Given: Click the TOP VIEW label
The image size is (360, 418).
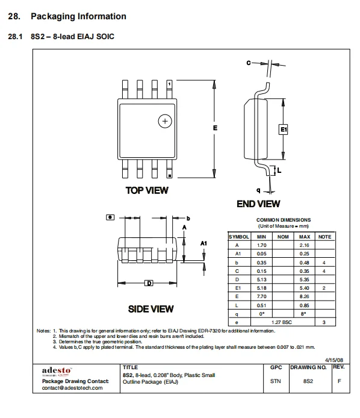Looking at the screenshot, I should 147,190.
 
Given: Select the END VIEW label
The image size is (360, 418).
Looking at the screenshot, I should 258,204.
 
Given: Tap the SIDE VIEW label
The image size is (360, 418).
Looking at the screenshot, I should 151,309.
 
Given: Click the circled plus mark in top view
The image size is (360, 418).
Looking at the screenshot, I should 163,121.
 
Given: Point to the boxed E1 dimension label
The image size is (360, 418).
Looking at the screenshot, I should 284,129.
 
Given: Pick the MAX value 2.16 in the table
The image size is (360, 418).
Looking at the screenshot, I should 304,245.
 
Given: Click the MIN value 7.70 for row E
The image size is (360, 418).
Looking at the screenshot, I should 261,296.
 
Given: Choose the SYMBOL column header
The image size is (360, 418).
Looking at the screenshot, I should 238,237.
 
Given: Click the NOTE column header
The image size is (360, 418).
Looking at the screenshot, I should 324,237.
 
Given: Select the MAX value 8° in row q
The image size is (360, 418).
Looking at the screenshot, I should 304,314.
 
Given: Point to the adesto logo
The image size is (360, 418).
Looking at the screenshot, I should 57,369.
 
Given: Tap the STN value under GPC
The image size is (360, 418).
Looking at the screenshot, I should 276,381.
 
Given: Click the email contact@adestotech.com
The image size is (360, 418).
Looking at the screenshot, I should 72,388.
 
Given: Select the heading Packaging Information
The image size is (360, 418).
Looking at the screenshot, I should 78,16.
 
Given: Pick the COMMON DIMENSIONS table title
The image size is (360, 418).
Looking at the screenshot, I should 283,220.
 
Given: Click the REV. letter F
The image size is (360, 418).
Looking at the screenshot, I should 339,381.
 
